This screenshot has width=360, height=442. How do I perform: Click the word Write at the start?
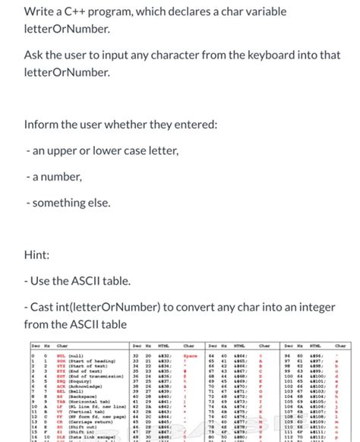click(x=40, y=13)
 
